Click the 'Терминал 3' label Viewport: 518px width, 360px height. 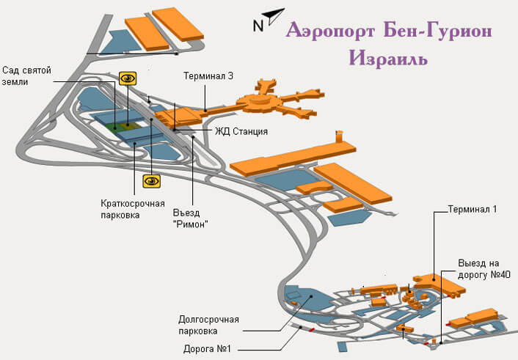click(208, 76)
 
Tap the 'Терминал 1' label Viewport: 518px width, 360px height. click(472, 210)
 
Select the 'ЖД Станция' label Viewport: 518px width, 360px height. click(241, 131)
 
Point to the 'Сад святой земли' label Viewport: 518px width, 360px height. click(26, 76)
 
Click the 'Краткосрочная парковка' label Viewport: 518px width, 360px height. click(133, 209)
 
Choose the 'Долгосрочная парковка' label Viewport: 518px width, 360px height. click(208, 326)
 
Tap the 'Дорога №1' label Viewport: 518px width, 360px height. click(207, 349)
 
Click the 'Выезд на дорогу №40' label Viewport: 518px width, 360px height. click(484, 269)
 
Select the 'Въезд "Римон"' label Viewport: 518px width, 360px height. click(191, 218)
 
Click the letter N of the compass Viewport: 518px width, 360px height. click(258, 26)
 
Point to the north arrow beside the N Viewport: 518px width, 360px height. click(274, 16)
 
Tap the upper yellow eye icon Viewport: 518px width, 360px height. click(128, 78)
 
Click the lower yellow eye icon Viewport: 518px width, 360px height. click(152, 181)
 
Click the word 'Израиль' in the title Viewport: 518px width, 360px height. click(389, 59)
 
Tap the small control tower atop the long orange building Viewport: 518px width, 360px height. click(339, 136)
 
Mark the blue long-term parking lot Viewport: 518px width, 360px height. click(309, 298)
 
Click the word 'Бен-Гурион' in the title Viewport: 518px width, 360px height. click(438, 31)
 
